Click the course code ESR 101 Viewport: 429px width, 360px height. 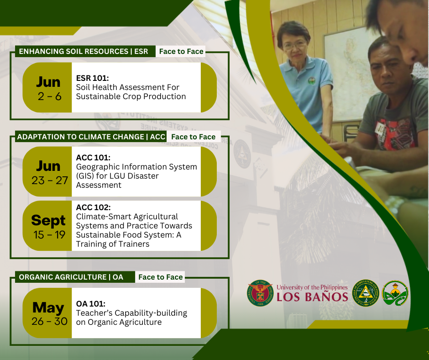coord(93,78)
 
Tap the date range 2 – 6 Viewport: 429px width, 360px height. coord(50,96)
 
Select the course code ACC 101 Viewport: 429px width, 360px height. coord(93,158)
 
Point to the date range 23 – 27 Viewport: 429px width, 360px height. coord(50,180)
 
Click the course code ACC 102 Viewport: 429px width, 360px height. coord(93,207)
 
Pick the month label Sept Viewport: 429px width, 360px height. coord(48,220)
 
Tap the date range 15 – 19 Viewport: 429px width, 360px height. coord(50,235)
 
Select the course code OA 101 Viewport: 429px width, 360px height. coord(90,304)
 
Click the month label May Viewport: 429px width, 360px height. coord(48,307)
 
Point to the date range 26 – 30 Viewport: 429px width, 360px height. coord(50,321)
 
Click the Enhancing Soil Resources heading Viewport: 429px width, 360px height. coord(84,51)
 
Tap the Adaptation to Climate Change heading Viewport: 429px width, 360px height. coord(91,137)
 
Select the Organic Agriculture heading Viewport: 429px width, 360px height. coord(71,277)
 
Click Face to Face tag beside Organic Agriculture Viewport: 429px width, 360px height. coord(160,277)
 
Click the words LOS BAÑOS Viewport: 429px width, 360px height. coord(312,296)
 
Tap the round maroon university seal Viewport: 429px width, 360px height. coord(260,293)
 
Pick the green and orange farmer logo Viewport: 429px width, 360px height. coord(395,293)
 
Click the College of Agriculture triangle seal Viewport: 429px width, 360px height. coord(366,293)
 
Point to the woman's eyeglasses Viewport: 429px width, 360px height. coord(294,45)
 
